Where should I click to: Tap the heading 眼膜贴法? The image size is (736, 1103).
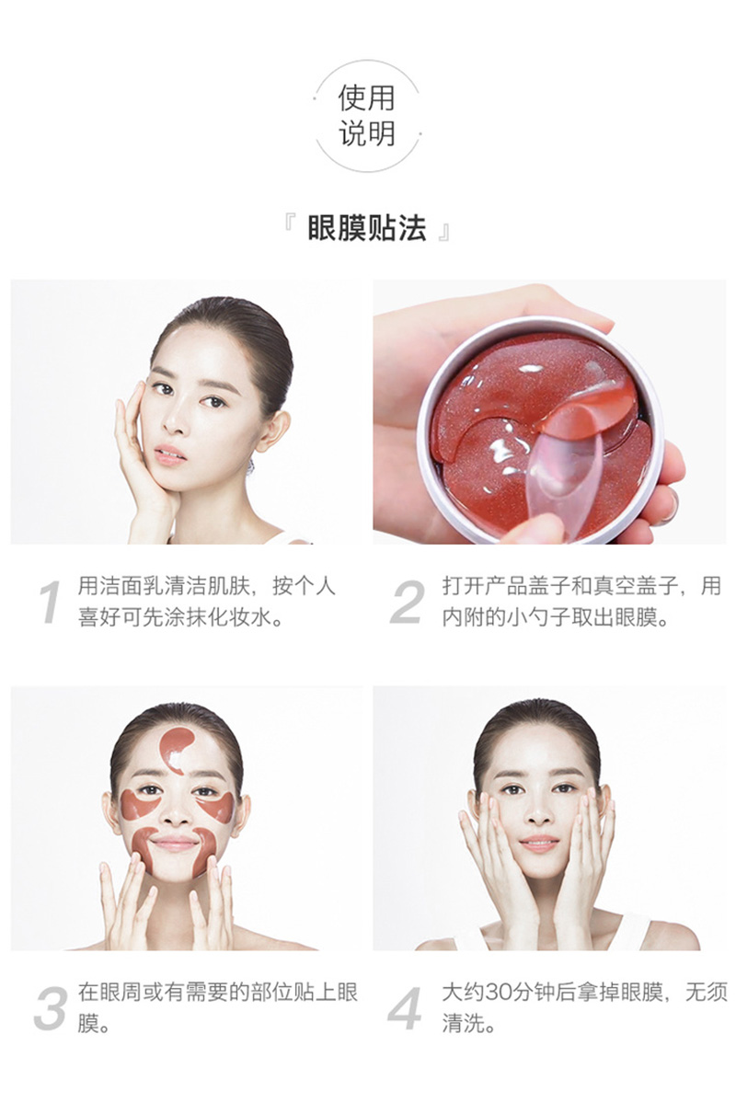[366, 229]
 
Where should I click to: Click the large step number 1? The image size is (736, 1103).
[50, 603]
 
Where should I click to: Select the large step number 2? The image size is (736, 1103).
[408, 603]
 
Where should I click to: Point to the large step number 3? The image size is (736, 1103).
[51, 1009]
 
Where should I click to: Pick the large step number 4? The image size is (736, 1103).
[406, 1009]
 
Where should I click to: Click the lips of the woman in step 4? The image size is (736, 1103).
[539, 843]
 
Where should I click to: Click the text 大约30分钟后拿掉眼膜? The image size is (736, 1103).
[553, 992]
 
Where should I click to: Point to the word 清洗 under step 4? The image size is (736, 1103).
[464, 1024]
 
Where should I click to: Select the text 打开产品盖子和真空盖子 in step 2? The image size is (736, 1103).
[560, 585]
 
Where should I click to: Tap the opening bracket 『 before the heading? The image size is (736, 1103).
[290, 224]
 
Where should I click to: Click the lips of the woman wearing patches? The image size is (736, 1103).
[174, 843]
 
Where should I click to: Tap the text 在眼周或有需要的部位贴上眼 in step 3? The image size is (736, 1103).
[218, 992]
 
